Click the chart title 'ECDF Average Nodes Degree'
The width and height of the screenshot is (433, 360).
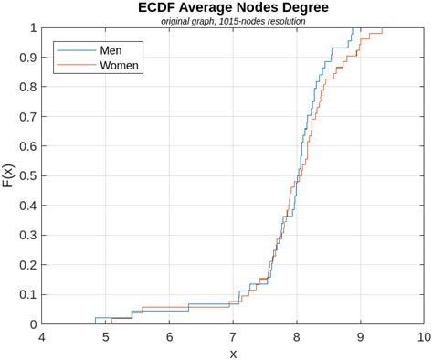(x=232, y=7)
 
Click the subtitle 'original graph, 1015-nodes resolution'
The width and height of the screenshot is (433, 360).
(x=232, y=20)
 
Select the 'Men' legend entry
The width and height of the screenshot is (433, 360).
(x=111, y=50)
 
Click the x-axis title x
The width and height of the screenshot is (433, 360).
(x=232, y=353)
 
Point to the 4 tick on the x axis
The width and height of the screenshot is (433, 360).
(x=41, y=337)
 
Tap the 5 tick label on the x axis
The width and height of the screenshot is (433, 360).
(x=105, y=337)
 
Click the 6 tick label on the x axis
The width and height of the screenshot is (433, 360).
(x=169, y=337)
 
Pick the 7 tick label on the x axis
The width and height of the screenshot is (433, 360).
(x=232, y=337)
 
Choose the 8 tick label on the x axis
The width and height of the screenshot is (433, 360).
(x=296, y=337)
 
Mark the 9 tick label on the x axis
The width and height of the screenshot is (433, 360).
(x=360, y=337)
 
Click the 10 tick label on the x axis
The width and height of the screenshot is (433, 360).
(x=422, y=337)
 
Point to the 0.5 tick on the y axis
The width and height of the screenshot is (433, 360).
(x=26, y=175)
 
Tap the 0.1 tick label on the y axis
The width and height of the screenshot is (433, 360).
(x=26, y=294)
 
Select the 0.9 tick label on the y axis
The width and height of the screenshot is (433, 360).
(x=26, y=58)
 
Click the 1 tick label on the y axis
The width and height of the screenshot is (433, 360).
(x=33, y=28)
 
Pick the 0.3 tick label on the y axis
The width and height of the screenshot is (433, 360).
(x=26, y=235)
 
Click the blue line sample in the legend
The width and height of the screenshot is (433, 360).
(x=75, y=50)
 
